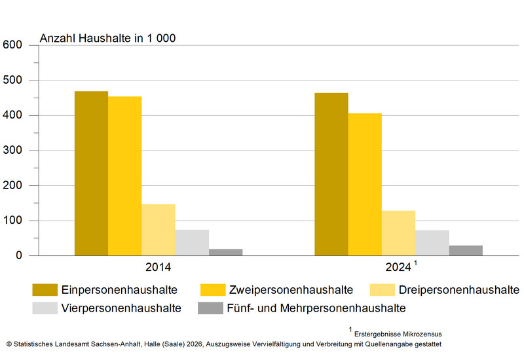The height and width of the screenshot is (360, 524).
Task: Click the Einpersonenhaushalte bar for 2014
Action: (x=91, y=173)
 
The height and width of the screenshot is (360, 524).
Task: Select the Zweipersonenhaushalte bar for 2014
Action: (x=124, y=176)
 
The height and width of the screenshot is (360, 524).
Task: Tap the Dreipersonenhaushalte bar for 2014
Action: (x=158, y=230)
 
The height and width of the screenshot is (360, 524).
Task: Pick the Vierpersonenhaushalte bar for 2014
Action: (x=192, y=243)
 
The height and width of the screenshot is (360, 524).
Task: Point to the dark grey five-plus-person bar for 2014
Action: (x=225, y=252)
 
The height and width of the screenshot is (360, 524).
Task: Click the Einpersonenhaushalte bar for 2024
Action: (x=331, y=174)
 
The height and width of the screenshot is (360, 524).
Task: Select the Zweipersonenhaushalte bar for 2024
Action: (x=365, y=185)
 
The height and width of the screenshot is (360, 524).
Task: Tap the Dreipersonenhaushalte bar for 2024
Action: (x=398, y=233)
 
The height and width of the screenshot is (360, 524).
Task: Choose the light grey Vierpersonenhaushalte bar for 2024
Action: (x=432, y=243)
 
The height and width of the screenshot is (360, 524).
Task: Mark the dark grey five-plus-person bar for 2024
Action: (x=466, y=251)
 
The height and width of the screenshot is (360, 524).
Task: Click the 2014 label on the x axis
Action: (x=159, y=268)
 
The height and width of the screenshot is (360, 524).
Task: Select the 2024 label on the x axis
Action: (x=398, y=268)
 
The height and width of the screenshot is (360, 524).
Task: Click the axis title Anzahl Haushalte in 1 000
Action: (x=107, y=38)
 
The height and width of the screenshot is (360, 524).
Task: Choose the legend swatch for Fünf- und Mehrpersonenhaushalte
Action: (x=212, y=308)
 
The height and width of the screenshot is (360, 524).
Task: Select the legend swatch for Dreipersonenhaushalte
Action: (x=382, y=289)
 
